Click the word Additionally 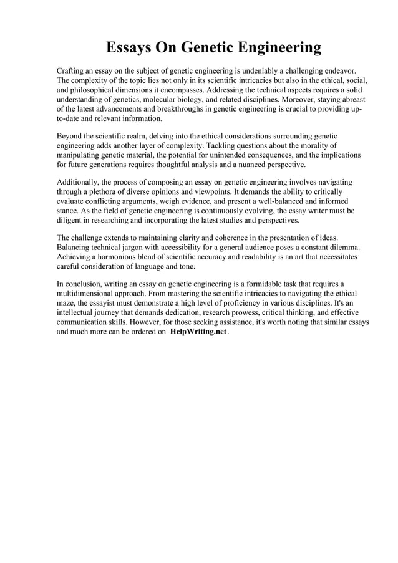[x=81, y=182]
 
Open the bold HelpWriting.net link [x=198, y=332]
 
